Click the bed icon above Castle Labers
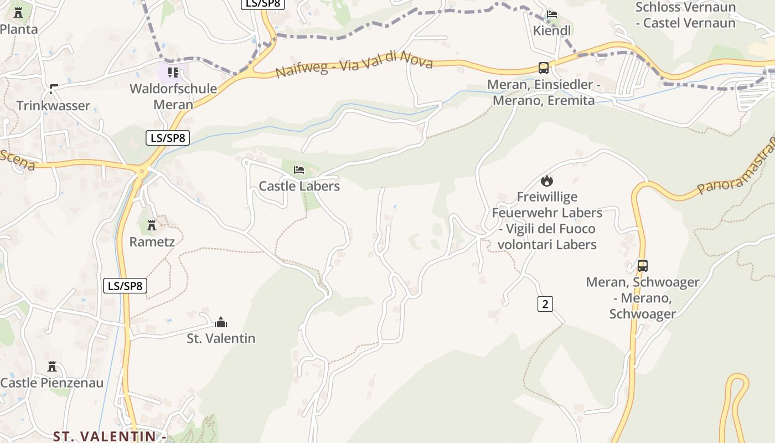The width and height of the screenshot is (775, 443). point(299,169)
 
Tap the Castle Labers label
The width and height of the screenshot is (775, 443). point(299,186)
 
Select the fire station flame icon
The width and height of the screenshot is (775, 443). point(547,181)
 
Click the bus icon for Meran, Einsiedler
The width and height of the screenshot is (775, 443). point(544,68)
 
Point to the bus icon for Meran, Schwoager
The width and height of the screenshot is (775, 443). point(642,266)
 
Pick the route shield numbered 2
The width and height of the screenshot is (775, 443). point(545,303)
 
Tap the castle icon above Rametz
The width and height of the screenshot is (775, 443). point(152,225)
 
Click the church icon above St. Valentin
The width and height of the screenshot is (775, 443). point(221,322)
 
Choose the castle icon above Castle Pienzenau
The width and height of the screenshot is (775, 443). point(52,367)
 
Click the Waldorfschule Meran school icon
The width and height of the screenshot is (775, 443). point(173,73)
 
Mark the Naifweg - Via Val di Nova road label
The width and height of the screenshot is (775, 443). point(354,65)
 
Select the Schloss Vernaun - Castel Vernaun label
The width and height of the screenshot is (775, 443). point(685,15)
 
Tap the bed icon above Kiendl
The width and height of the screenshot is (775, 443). point(552,14)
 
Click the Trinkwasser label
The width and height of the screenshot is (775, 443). point(53,106)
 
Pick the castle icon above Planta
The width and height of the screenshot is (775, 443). point(18,13)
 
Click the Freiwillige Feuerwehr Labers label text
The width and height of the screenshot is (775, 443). point(547,220)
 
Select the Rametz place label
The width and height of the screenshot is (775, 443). point(152,242)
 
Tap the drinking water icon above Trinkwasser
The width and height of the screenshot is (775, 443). point(54,89)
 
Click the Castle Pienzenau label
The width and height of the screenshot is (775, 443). point(52,383)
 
